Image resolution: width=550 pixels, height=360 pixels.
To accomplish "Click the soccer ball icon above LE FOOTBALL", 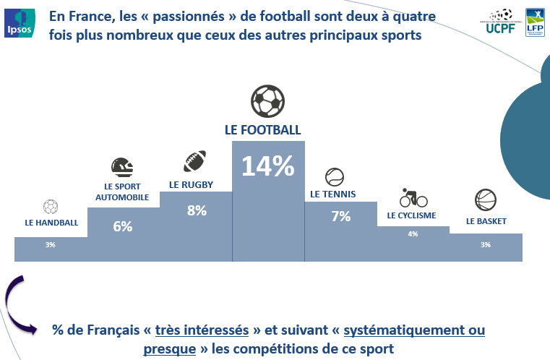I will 268,102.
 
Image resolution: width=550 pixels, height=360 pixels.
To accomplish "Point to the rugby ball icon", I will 194,161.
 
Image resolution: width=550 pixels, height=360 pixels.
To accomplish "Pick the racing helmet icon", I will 122,168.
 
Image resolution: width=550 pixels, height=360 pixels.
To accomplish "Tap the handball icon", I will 51,207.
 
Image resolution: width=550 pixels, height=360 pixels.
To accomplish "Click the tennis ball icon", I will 335,177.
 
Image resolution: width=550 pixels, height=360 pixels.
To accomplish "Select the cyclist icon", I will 413,197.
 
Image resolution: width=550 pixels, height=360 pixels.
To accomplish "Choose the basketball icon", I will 484,200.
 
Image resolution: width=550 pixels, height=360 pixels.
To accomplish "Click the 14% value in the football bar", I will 267,166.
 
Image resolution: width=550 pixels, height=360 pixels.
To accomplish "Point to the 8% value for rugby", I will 196,210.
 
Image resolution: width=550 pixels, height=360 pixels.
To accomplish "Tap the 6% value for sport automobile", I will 123,226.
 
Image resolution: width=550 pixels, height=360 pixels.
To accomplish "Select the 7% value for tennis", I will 340,215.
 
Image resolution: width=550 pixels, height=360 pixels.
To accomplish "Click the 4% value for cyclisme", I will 413,233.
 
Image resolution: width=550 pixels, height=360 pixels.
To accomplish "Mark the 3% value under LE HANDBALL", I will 51,245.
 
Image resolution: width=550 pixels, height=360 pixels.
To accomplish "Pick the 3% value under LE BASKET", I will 485,244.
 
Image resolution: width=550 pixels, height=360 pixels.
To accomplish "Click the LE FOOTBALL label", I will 262,130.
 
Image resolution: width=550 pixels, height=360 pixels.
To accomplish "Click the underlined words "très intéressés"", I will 202,330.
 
